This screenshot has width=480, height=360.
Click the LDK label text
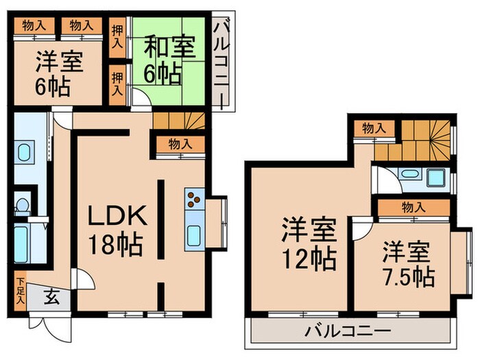point(117,218)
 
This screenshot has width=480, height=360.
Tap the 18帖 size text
point(115,242)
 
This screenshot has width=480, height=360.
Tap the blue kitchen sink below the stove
point(194,234)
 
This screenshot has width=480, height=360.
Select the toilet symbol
point(23,204)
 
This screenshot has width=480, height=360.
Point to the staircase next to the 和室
point(180,123)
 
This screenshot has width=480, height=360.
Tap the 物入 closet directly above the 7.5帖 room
point(413,206)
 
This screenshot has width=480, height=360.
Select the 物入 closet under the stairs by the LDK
point(179,145)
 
